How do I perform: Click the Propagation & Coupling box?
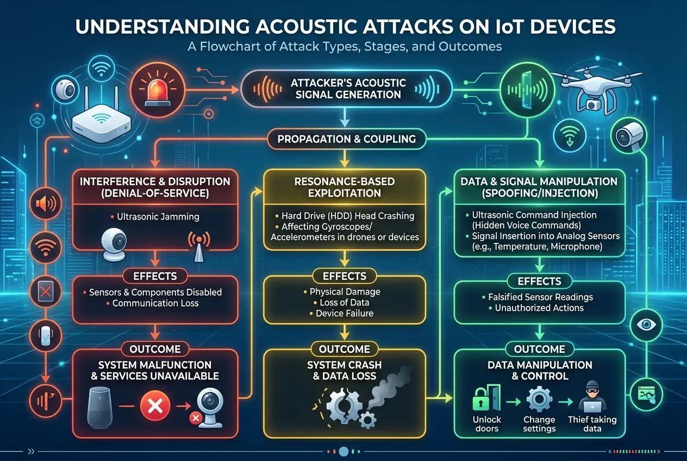346,139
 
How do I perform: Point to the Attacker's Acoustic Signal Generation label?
348,88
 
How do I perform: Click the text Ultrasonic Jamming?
158,216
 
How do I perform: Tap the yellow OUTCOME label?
344,349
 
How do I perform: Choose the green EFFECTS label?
539,281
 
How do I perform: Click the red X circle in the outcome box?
156,405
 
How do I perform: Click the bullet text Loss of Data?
344,303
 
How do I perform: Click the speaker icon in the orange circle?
45,204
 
